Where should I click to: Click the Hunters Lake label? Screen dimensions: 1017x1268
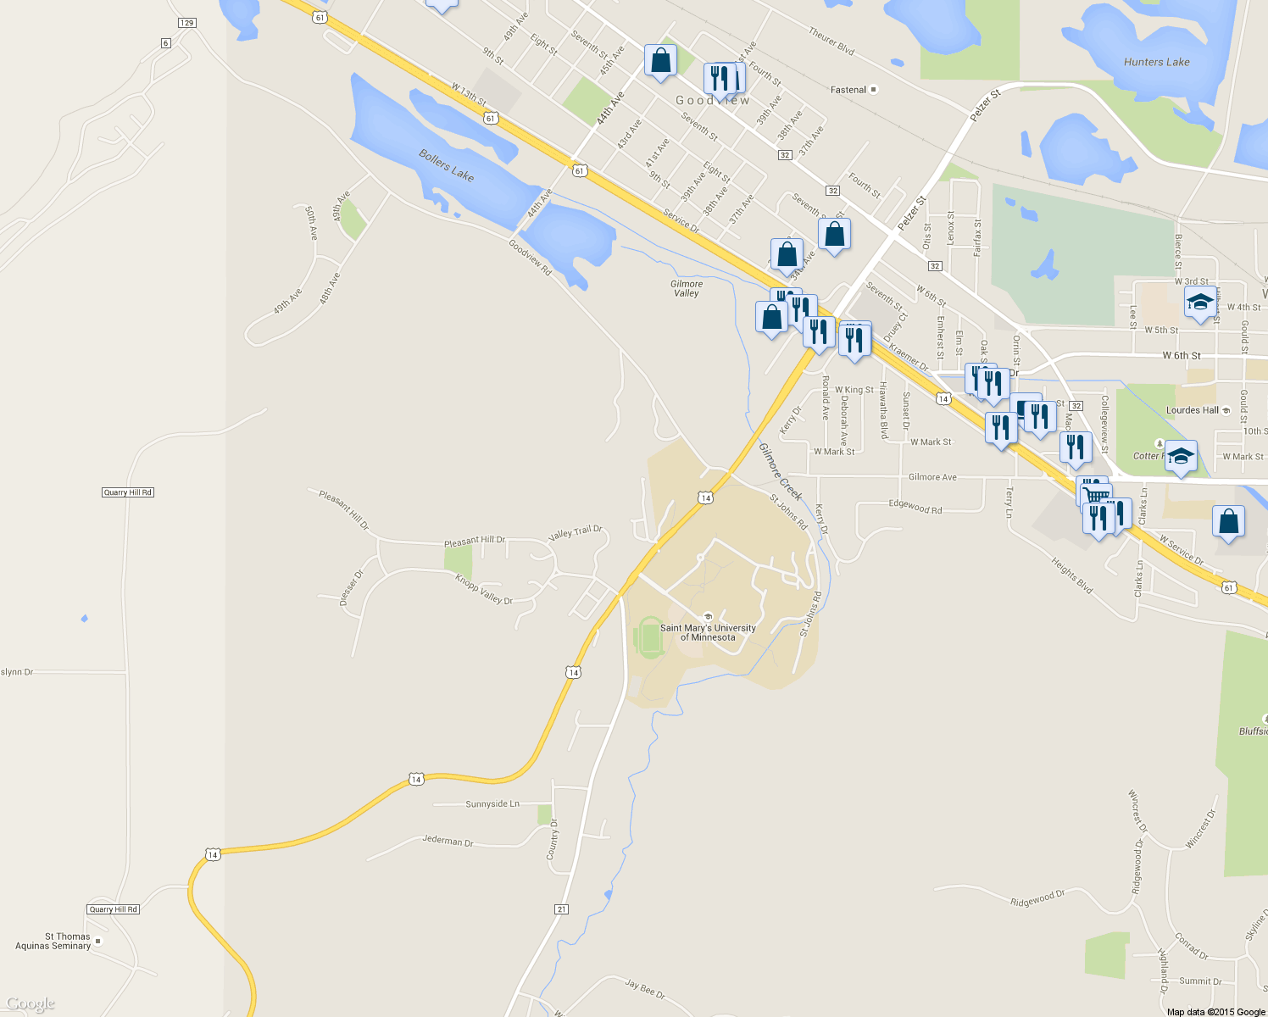1156,62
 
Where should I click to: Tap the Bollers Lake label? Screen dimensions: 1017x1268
446,165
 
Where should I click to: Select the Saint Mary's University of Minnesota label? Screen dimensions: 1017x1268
708,632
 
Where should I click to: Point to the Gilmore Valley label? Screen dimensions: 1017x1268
687,289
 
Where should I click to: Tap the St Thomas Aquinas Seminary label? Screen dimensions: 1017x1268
53,941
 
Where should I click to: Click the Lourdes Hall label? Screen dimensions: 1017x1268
1193,410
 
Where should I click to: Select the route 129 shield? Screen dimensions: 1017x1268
187,23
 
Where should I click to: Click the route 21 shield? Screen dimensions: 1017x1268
561,909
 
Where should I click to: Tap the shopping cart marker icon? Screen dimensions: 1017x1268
1096,495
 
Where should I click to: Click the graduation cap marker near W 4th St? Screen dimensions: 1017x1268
1199,302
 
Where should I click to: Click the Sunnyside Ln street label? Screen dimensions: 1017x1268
492,803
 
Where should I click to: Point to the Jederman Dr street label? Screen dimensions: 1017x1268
448,841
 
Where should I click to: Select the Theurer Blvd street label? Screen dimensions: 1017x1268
831,41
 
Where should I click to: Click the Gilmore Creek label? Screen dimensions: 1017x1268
780,471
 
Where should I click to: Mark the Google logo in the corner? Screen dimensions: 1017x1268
30,1003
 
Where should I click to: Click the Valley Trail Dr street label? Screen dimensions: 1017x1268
575,532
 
